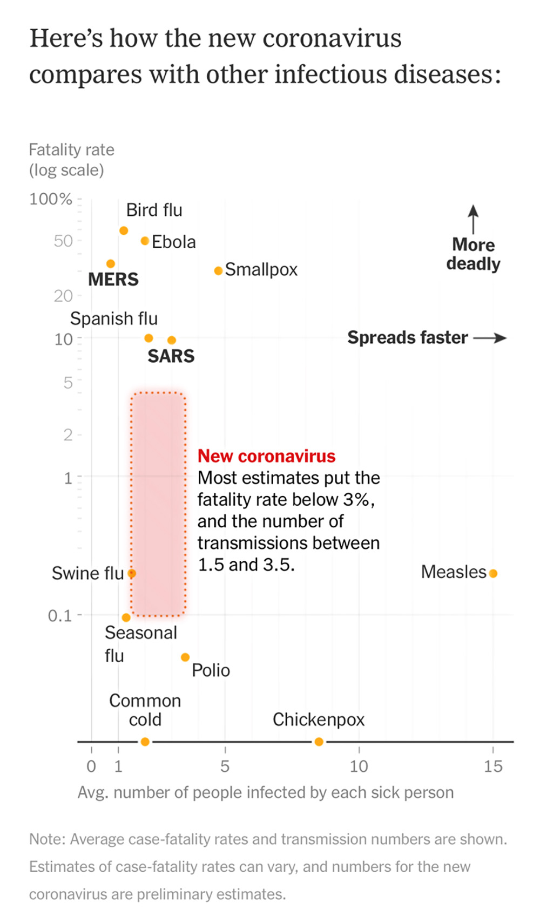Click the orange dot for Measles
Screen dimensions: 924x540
coord(493,573)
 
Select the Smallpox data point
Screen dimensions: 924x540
coord(218,270)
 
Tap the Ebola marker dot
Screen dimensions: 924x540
coord(145,241)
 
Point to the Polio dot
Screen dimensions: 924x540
coord(185,657)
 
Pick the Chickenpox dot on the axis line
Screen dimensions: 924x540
coord(319,742)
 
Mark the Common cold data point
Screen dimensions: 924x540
coord(145,742)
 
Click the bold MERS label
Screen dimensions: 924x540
coord(113,280)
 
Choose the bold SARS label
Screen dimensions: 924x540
coord(171,356)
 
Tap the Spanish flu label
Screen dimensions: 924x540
coord(114,318)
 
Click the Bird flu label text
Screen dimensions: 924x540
coord(154,210)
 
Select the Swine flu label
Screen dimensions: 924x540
coord(87,573)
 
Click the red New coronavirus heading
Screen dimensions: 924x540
coord(266,456)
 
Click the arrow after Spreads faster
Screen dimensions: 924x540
coord(490,338)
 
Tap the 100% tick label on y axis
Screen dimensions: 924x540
coord(51,199)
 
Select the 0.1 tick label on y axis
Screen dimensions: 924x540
coord(60,615)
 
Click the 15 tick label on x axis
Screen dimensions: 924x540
coord(493,766)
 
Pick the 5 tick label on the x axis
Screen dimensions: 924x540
coord(225,766)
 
